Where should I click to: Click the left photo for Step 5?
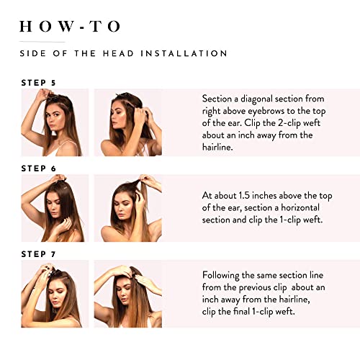[x=54, y=122]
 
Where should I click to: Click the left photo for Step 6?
[x=54, y=208]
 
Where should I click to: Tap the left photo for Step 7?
[x=54, y=294]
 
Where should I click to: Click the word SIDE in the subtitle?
[x=33, y=53]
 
